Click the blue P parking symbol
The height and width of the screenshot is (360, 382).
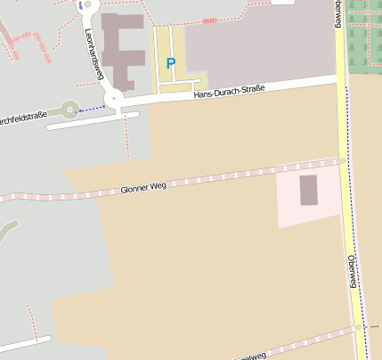pyautogui.click(x=170, y=63)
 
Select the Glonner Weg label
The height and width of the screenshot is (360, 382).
pyautogui.click(x=143, y=188)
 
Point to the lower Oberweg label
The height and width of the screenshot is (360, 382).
pyautogui.click(x=353, y=270)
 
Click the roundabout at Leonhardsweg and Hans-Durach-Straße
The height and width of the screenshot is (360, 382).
pyautogui.click(x=114, y=99)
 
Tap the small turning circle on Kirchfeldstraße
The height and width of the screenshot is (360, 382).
pyautogui.click(x=69, y=110)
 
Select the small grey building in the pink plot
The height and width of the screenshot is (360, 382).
pyautogui.click(x=308, y=191)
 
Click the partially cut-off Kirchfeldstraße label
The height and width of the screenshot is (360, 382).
pyautogui.click(x=23, y=118)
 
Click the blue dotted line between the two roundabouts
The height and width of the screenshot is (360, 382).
pyautogui.click(x=92, y=108)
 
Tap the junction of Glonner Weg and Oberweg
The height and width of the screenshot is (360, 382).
pyautogui.click(x=343, y=160)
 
